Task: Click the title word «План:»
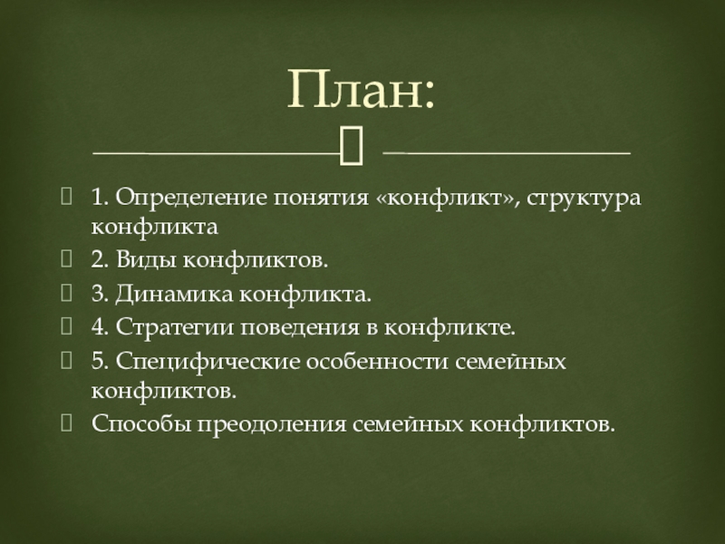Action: (361, 89)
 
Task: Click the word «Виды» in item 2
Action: (146, 259)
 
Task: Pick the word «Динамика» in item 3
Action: (174, 294)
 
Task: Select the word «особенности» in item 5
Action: (377, 361)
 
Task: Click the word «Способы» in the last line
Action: (141, 423)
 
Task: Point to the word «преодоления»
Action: (272, 424)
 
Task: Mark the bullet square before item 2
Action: (66, 259)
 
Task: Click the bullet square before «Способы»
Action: (66, 423)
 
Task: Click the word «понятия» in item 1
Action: (322, 199)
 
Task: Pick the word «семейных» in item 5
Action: (510, 362)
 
